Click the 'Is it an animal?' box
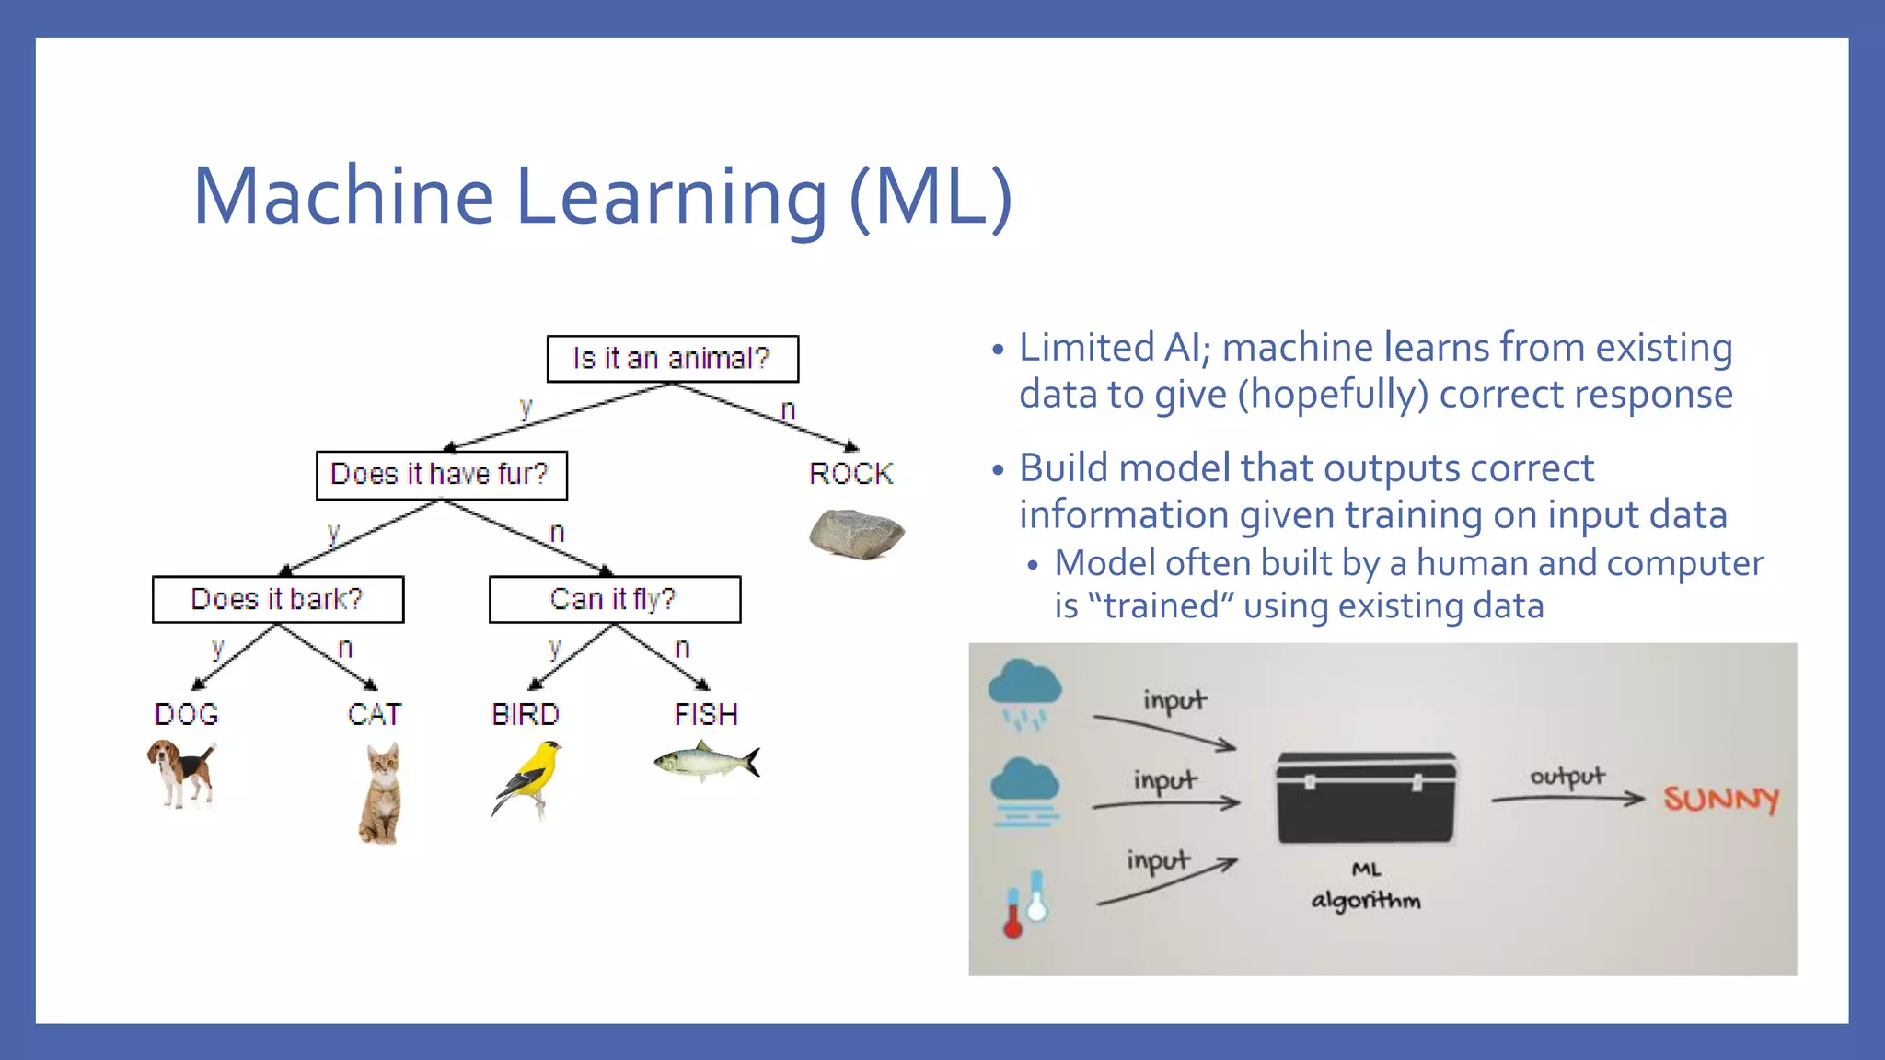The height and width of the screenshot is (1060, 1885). (x=672, y=359)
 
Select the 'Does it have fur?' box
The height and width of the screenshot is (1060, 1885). (x=441, y=475)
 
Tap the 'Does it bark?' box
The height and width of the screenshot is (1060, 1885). (x=277, y=600)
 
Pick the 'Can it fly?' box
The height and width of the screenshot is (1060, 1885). (x=614, y=600)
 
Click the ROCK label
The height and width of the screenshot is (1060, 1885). (x=850, y=474)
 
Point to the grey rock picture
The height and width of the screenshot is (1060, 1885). (x=856, y=534)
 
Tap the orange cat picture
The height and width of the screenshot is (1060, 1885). (x=380, y=794)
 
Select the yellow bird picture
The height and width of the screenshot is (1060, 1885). (x=529, y=778)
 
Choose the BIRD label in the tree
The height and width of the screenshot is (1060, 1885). (x=525, y=715)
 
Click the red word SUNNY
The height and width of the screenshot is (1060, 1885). (x=1720, y=799)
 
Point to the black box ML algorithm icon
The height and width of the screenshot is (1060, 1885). (x=1366, y=797)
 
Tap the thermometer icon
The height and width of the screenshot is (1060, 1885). (x=1024, y=904)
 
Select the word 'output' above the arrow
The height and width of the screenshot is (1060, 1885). (x=1567, y=777)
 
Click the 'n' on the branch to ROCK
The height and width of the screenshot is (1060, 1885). (x=788, y=410)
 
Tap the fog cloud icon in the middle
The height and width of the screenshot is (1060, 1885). (x=1024, y=792)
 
